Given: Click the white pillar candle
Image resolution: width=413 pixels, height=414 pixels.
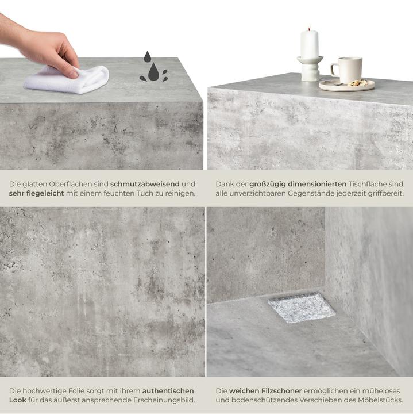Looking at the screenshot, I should coord(310,44).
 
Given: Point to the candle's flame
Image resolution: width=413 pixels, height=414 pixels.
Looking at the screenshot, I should coord(310,27).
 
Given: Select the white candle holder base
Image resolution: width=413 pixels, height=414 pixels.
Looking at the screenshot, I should coord(310,69).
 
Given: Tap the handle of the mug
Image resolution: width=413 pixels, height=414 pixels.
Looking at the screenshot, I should coord(334,70).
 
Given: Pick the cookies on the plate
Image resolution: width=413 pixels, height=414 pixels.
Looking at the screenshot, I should coord(359,83).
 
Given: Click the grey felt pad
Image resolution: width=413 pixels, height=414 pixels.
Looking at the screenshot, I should coord(302,307).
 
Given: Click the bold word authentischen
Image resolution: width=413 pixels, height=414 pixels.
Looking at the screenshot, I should coord(168,390).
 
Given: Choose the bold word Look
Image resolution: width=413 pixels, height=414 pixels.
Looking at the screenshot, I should coord(18,400).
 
